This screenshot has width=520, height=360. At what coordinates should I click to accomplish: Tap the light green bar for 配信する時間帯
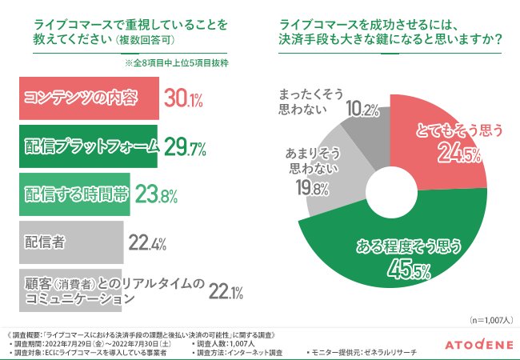click(x=73, y=194)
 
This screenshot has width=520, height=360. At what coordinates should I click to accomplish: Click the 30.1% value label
click(x=184, y=99)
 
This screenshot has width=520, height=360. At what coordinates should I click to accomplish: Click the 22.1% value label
click(x=226, y=292)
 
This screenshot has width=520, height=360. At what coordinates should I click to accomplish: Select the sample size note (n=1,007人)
click(x=490, y=318)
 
